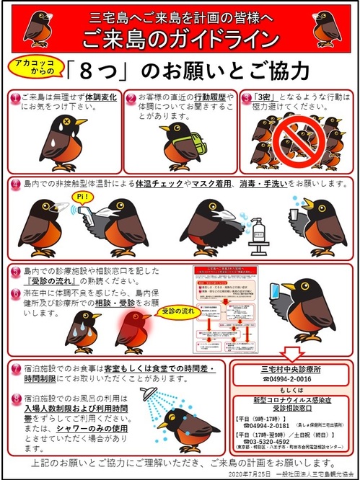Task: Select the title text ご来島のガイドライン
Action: pos(180,37)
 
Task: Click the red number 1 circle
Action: pos(14,97)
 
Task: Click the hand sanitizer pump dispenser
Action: pos(255,241)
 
